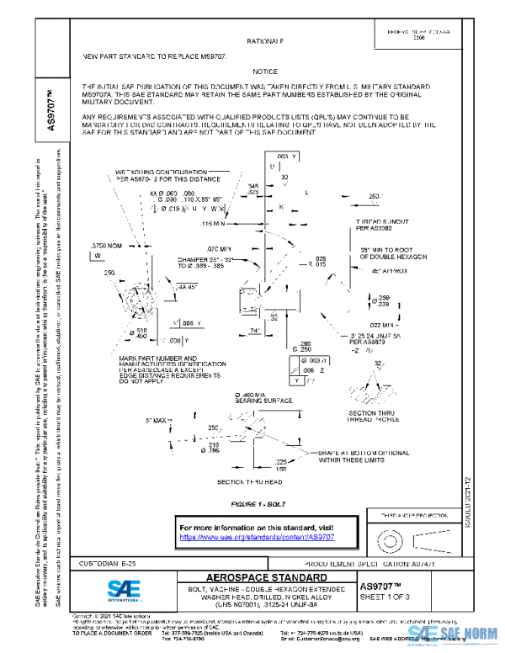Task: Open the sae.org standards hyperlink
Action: (258, 536)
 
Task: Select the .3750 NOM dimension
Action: (103, 244)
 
